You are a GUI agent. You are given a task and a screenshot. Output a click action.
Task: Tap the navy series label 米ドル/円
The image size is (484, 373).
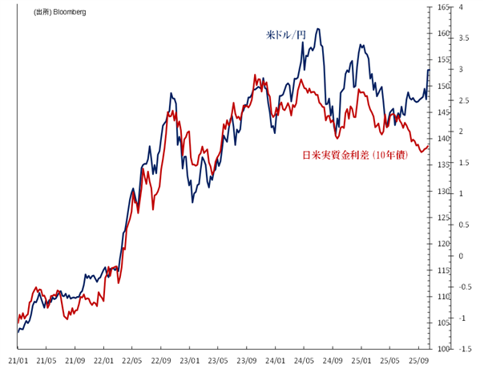pos(286,35)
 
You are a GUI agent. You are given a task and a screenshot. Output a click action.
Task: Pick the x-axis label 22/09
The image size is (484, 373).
pos(161,361)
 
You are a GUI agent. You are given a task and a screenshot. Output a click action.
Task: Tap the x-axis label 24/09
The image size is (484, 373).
pos(333,361)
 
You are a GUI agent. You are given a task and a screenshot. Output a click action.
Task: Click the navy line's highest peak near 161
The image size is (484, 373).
pos(318,29)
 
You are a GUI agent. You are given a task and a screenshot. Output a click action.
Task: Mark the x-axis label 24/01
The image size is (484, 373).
pos(276,361)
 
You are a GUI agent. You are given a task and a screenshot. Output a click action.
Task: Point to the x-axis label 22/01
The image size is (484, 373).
pos(103,361)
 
